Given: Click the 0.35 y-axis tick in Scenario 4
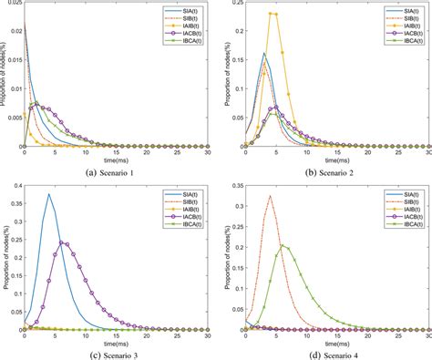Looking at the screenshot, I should pos(229,186).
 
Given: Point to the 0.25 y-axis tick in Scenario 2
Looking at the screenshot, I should pos(229,5).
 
